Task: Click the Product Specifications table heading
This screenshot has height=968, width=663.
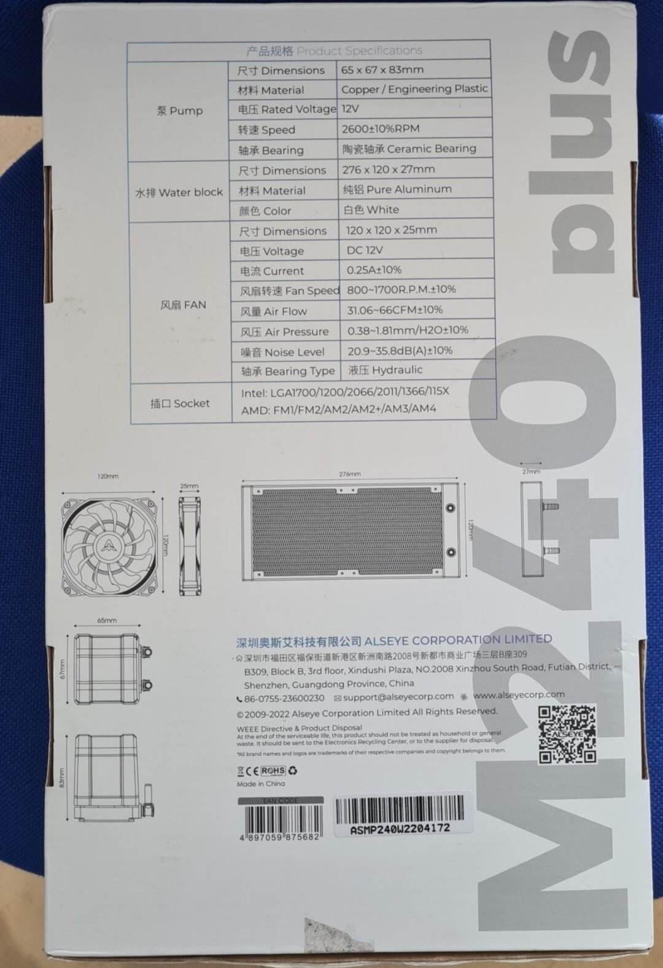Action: pos(334,50)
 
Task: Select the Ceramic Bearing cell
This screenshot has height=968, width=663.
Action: pos(409,149)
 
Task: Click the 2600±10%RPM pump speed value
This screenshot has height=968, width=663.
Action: pos(381,128)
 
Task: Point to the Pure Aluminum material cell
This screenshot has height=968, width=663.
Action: pos(397,189)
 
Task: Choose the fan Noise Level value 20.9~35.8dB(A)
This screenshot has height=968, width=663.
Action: pos(400,351)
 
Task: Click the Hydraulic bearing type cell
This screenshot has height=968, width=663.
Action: pos(385,370)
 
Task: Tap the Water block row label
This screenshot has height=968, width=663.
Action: pos(179,192)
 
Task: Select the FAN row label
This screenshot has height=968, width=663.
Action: pos(183,305)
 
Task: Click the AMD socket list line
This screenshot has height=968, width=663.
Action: pos(338,409)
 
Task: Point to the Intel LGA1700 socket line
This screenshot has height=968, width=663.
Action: pos(345,391)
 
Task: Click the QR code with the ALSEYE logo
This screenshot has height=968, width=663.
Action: pos(567,734)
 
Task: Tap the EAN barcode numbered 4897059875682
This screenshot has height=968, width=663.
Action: pos(282,820)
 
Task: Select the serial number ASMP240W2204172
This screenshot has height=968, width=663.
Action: pos(400,829)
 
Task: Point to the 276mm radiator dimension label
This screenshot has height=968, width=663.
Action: pos(350,474)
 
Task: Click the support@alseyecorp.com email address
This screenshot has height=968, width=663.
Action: pos(398,697)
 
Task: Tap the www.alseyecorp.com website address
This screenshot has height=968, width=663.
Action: pos(519,695)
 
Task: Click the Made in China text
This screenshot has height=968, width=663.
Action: pos(261,784)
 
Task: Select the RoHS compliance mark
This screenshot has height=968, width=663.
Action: pos(273,770)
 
